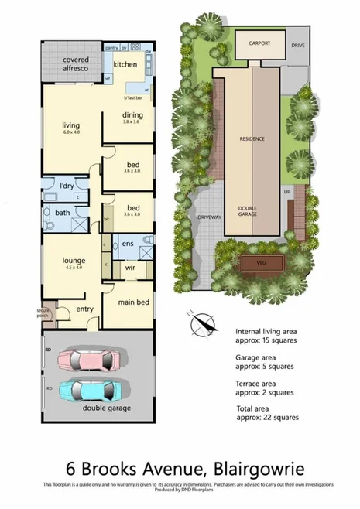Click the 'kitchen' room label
click(x=125, y=65)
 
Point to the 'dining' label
click(x=133, y=117)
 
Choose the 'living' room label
click(x=72, y=125)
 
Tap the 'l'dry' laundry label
click(x=66, y=186)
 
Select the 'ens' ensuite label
click(x=129, y=244)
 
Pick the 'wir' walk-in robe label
click(x=129, y=270)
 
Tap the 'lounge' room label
click(x=73, y=261)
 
